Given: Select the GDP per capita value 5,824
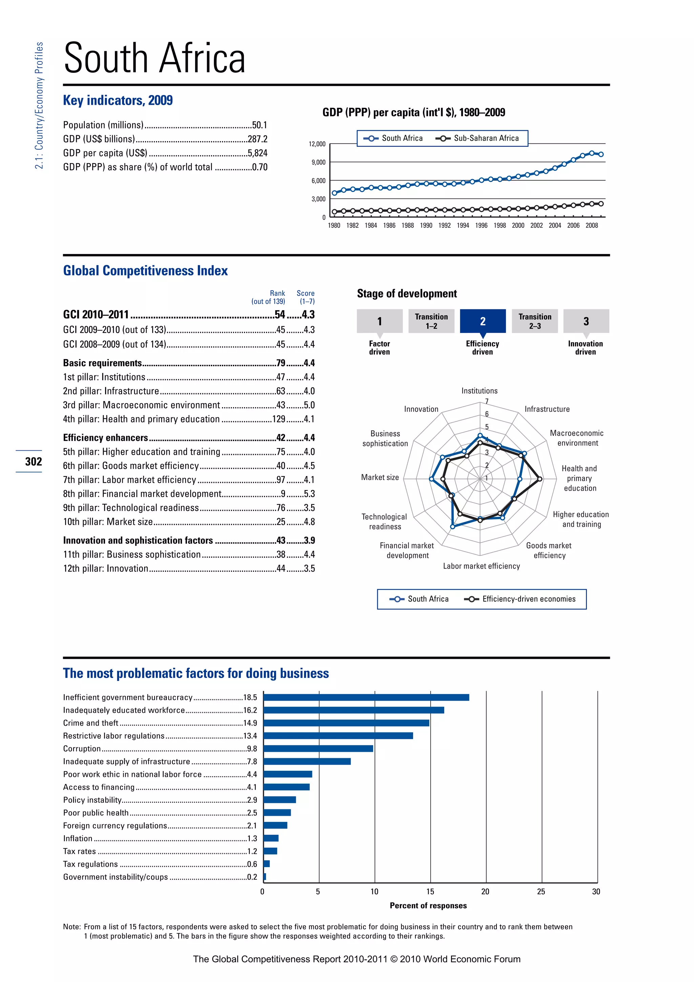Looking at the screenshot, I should pos(257,153).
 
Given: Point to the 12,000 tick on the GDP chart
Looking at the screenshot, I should pos(317,144).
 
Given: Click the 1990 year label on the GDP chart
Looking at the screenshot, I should pos(426,225).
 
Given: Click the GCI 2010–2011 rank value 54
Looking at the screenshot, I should pos(280,315).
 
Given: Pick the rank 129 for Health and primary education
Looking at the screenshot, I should pos(279,419).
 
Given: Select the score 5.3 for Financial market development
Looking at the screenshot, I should pos(309,494).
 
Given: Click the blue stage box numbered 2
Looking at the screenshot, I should pos(483,321).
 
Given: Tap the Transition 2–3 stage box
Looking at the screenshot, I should pos(535,321).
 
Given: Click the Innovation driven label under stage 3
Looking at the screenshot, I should pos(585,348).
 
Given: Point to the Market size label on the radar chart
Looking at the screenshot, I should pos(380,477).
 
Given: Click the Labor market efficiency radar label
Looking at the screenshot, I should pos(481,566).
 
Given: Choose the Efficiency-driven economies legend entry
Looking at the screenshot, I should pos(528,599).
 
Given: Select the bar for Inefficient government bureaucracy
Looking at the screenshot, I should pos(366,698).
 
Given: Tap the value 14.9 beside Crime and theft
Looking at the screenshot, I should pos(250,723).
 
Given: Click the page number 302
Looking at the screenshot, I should pos(33,461).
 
